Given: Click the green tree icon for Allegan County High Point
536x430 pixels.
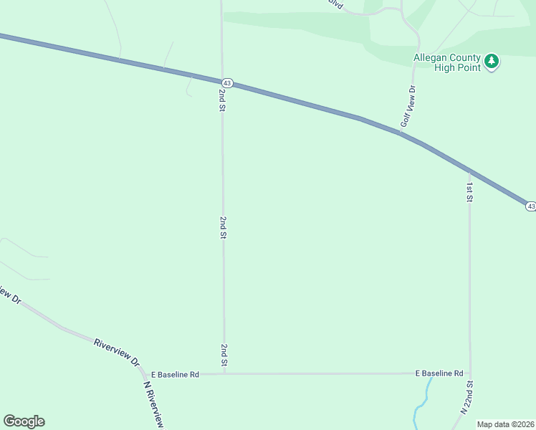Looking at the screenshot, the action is coord(491,62).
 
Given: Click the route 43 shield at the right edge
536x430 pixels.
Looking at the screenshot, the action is coord(530,206).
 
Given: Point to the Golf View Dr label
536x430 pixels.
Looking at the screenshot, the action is coord(408,107).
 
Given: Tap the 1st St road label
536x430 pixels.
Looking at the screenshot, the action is coord(469,192).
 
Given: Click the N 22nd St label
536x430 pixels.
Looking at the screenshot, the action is coord(467,401).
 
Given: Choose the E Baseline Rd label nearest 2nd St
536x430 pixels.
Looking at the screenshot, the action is coord(175,374).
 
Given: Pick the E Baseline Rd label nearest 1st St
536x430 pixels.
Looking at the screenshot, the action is coord(440,373).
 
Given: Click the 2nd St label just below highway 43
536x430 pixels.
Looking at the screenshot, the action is coord(223,100).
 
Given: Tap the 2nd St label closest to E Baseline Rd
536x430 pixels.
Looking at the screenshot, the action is coord(224,356).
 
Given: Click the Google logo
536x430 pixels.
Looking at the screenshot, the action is coord(24,421).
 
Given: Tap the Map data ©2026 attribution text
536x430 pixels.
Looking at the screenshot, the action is coord(506,424).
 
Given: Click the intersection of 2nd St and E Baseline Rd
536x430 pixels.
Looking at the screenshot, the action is coord(224,374).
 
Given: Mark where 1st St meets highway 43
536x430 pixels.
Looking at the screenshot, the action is coord(469,171).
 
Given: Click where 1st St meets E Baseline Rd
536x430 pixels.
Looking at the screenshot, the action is coord(470,373).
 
